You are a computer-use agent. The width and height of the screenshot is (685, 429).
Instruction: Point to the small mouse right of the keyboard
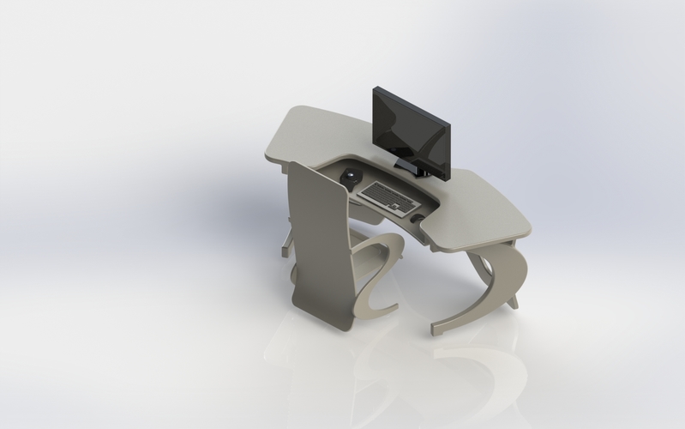point(418,218)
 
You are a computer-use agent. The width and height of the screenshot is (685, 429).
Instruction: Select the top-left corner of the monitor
point(375,88)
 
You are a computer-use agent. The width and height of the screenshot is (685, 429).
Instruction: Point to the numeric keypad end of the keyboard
point(406,203)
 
